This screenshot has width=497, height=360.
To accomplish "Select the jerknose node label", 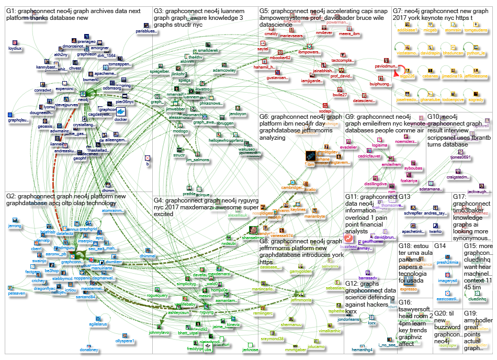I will (251, 350).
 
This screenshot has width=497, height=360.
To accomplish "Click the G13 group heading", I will (406, 197).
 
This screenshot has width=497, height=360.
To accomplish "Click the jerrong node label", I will (15, 226).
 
